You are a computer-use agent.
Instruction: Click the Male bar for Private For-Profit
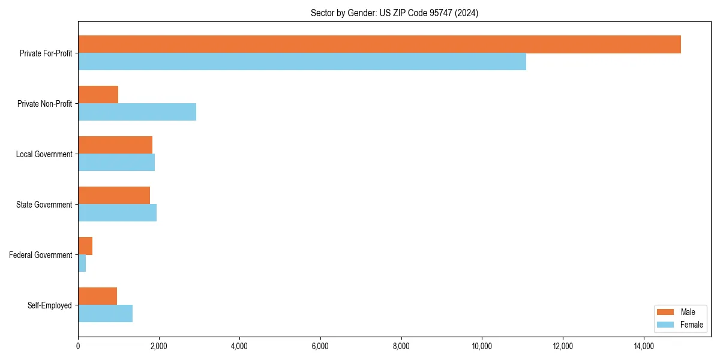pos(379,44)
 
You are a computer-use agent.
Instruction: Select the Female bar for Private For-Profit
pos(302,62)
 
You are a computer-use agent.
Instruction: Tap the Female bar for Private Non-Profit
pos(137,112)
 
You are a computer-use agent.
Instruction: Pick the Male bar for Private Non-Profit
pos(98,95)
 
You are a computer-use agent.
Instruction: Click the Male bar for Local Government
pos(115,145)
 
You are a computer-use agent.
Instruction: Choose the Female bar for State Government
pos(117,213)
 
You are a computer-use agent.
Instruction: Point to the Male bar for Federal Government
pos(85,246)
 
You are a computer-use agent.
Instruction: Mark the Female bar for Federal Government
pos(82,263)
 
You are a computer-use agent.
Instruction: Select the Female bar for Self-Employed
pos(105,314)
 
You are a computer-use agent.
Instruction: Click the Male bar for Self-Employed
pos(97,296)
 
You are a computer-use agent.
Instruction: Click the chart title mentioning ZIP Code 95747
pos(394,13)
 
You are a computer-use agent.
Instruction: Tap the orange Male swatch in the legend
pos(666,312)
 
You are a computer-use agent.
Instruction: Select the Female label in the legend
pos(692,325)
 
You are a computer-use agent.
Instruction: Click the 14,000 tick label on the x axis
pos(643,346)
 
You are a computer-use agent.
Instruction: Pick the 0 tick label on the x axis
pos(78,346)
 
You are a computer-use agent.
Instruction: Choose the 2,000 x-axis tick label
pos(158,346)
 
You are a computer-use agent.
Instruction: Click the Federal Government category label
pos(41,255)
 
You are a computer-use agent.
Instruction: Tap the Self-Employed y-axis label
pos(50,305)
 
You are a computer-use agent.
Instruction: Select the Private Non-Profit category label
pos(44,104)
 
